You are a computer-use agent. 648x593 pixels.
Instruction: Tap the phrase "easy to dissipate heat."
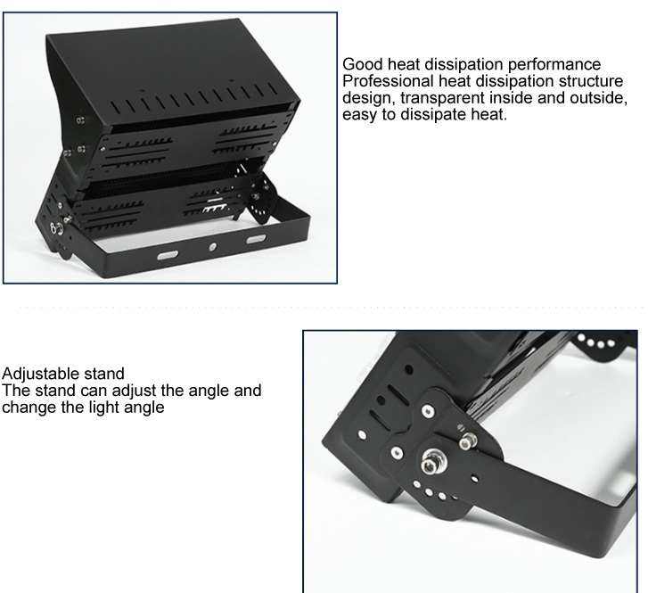(424, 115)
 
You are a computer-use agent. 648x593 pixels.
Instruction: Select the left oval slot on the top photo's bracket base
(168, 254)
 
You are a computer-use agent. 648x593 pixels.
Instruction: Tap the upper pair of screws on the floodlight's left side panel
(80, 117)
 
